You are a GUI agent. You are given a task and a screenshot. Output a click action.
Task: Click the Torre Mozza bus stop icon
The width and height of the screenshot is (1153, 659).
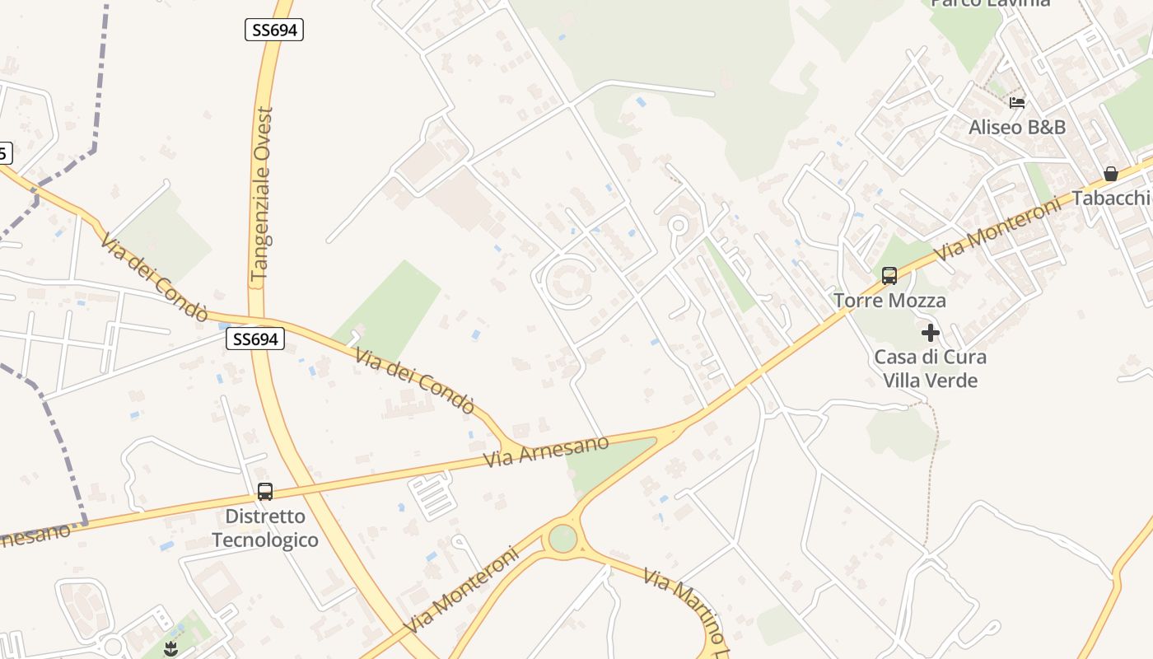[889, 276]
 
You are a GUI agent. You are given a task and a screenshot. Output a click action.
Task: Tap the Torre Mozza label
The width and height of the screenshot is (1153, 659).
[889, 301]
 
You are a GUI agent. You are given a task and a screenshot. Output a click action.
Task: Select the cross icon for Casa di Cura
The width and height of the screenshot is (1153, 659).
[931, 333]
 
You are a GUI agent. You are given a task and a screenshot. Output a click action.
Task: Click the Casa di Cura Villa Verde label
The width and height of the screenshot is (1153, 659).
[930, 369]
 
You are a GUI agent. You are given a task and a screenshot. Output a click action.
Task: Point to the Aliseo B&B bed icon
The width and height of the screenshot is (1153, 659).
[1017, 103]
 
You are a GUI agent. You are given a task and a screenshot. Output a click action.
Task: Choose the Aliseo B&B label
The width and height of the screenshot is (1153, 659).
[1017, 127]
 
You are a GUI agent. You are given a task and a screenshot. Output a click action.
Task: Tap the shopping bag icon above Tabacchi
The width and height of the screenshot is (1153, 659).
[1110, 174]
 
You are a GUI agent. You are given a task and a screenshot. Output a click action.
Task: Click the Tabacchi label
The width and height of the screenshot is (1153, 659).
[1111, 198]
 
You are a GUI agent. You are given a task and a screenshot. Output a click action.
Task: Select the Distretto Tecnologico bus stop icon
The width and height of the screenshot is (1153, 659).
[264, 492]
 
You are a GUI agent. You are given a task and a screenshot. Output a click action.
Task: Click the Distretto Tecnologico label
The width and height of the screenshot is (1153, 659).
[264, 529]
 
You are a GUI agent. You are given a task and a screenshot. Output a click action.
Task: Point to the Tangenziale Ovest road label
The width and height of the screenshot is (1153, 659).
[262, 194]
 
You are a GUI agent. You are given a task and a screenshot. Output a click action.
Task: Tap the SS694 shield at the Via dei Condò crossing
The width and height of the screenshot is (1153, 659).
[255, 339]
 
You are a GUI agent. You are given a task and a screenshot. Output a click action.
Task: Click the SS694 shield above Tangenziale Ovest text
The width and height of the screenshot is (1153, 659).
[274, 30]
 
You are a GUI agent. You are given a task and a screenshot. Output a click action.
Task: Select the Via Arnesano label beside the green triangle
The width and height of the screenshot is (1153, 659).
[546, 451]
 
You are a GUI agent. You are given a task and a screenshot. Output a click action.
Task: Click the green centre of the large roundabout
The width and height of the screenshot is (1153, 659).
[562, 539]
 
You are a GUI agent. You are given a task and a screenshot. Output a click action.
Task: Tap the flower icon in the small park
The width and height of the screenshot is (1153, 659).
[170, 648]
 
